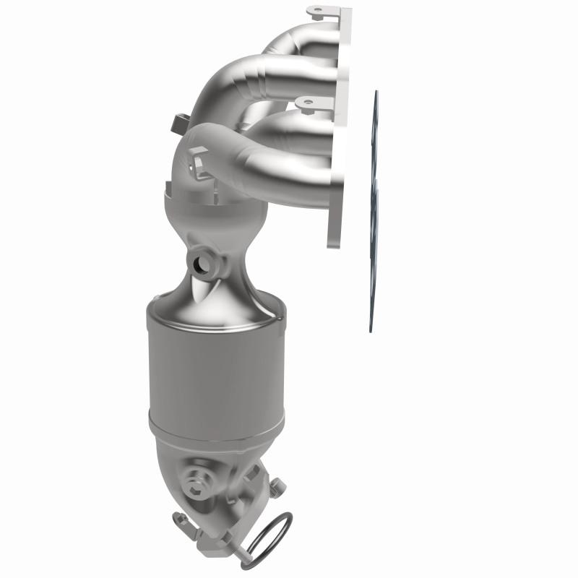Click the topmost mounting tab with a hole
click(x=318, y=12)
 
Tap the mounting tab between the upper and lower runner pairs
click(x=308, y=105)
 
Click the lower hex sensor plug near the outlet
click(x=194, y=479)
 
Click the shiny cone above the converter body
click(x=210, y=289)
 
